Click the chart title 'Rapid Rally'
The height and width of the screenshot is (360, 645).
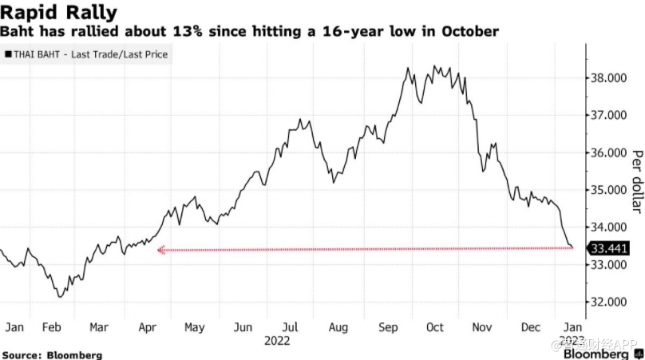click(60, 13)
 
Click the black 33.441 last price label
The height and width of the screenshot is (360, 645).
click(609, 248)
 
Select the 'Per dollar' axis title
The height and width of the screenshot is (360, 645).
click(637, 181)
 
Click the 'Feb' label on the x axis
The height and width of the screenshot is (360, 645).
click(52, 327)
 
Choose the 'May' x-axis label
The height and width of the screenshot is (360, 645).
click(195, 327)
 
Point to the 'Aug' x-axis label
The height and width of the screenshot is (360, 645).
click(338, 327)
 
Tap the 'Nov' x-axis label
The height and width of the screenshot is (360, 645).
click(483, 327)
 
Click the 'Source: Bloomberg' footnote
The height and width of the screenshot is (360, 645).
click(53, 354)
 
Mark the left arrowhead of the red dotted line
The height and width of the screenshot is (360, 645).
click(160, 250)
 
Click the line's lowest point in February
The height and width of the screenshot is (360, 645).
click(59, 297)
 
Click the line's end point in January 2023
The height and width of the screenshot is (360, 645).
click(572, 247)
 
